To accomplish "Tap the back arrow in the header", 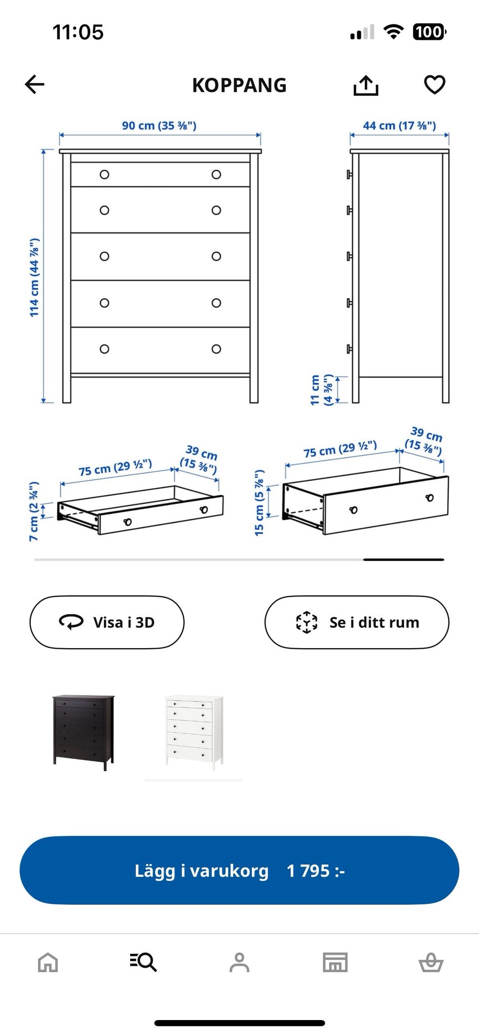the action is (x=34, y=85).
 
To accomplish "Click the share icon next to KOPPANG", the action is (x=366, y=85).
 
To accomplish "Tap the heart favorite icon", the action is (x=435, y=85).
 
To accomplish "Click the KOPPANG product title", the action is (x=239, y=85).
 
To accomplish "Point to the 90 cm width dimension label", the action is (x=159, y=126).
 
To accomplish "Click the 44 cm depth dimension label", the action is (x=399, y=126).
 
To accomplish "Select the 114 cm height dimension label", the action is (x=34, y=277).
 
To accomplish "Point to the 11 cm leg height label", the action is (x=321, y=390).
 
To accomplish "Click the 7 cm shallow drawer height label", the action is (x=34, y=512).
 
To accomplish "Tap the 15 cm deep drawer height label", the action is (x=259, y=503).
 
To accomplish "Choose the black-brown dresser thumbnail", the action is (x=83, y=732).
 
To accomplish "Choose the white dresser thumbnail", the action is (x=194, y=732).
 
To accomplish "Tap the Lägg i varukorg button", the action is (x=239, y=870).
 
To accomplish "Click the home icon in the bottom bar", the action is (x=48, y=962).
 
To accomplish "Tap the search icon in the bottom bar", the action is (x=143, y=962).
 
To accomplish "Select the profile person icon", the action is (x=239, y=962).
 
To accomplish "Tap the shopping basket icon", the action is (x=431, y=962).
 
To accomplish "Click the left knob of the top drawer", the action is (x=104, y=174).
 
